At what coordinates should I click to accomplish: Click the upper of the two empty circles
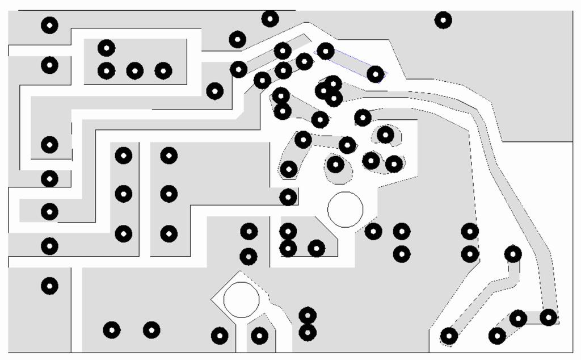[x=345, y=210]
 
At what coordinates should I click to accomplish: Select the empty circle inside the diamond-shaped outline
[x=241, y=299]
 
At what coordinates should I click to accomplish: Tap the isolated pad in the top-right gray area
[x=443, y=20]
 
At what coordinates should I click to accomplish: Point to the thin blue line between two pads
[x=351, y=62]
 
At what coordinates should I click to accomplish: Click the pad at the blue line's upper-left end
[x=325, y=51]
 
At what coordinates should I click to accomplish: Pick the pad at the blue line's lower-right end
[x=375, y=74]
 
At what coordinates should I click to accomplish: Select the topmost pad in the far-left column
[x=49, y=25]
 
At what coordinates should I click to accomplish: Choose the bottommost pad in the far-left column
[x=49, y=286]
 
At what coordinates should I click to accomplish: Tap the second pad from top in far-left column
[x=49, y=65]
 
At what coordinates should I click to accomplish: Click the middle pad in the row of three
[x=134, y=71]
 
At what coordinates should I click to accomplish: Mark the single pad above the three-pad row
[x=106, y=48]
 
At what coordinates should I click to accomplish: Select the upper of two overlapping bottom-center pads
[x=307, y=315]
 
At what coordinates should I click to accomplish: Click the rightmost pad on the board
[x=548, y=317]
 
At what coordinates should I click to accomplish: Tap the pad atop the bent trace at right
[x=513, y=254]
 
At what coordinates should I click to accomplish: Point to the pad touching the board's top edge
[x=270, y=19]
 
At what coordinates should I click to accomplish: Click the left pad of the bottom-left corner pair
[x=112, y=329]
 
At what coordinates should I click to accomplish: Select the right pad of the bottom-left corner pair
[x=151, y=329]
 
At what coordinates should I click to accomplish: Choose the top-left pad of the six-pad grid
[x=123, y=155]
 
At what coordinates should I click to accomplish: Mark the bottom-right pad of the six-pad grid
[x=169, y=233]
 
